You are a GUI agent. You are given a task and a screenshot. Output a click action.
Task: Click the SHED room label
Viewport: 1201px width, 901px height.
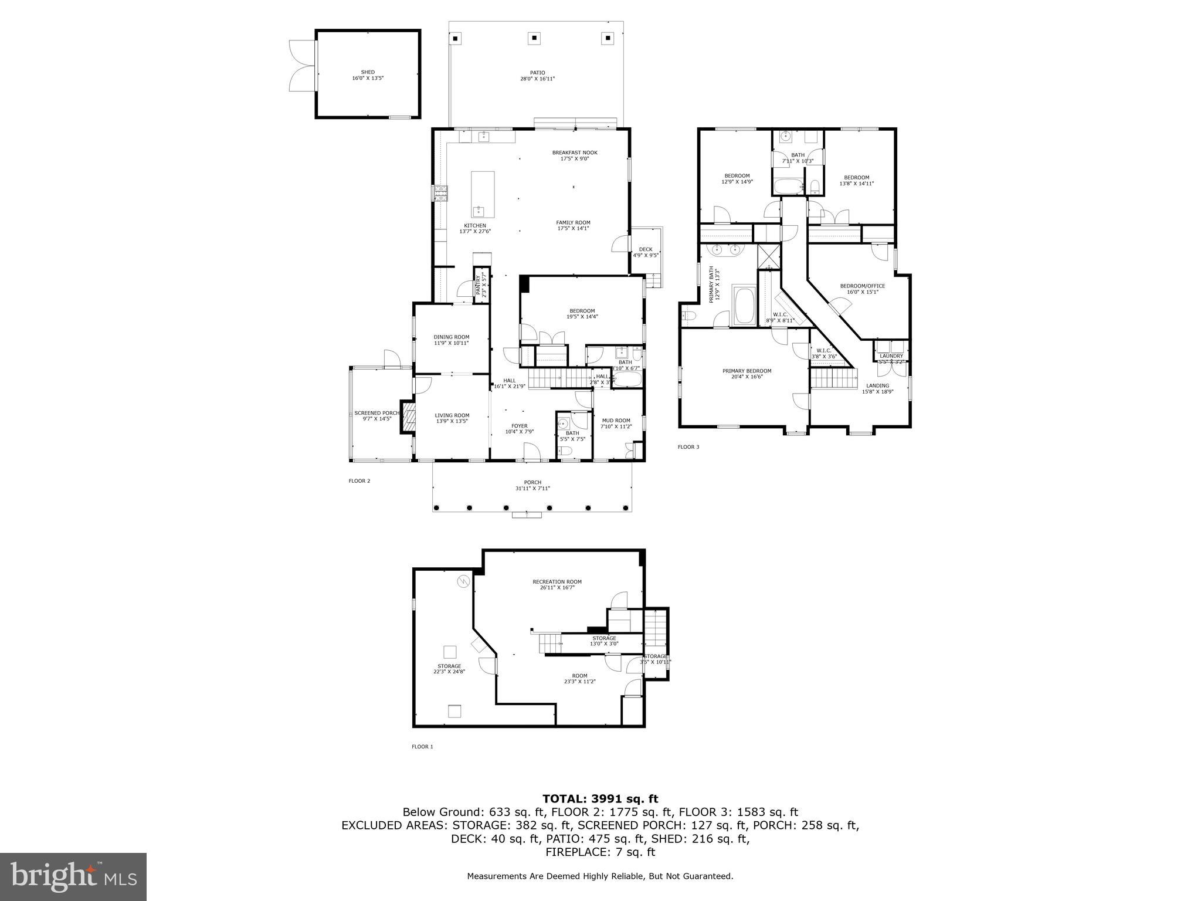[368, 72]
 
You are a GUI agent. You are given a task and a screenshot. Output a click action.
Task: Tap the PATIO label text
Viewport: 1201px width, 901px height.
[537, 73]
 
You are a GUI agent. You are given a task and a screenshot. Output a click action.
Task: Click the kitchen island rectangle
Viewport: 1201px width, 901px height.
[483, 194]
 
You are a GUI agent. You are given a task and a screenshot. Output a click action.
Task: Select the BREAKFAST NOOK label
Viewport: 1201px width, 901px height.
[574, 153]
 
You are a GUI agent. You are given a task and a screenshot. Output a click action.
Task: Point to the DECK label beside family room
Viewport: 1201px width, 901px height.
[646, 249]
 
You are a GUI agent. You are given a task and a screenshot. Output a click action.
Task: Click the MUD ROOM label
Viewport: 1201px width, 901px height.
[616, 420]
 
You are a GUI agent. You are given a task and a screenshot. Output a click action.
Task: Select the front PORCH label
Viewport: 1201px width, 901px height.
[532, 482]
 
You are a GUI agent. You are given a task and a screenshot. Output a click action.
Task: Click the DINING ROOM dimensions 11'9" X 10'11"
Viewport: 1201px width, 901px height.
[452, 343]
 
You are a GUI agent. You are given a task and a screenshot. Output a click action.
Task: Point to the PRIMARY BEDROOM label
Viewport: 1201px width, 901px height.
[747, 371]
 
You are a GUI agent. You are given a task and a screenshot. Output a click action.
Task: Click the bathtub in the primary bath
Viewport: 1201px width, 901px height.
[744, 305]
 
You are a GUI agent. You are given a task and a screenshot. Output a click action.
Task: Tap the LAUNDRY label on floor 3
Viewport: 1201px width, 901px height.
[891, 356]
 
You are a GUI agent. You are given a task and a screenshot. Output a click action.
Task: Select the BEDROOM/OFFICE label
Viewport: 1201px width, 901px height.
[862, 286]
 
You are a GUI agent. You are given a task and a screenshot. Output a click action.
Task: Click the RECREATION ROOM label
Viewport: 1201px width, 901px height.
[557, 582]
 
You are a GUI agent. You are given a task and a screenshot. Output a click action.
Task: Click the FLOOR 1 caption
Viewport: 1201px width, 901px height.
[422, 747]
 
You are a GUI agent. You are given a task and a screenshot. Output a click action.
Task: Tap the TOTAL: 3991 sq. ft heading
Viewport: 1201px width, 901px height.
[600, 798]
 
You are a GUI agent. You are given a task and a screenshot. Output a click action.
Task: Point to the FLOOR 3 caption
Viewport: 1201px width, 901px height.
[688, 447]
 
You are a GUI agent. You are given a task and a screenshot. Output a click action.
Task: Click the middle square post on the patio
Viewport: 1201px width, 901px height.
[534, 39]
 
